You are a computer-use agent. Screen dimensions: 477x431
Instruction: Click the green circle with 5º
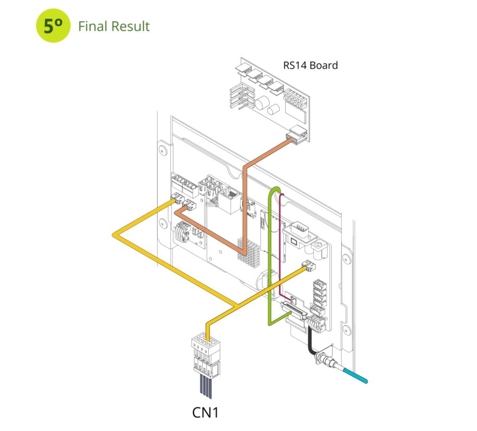(53, 26)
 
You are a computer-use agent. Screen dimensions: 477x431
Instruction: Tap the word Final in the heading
(93, 26)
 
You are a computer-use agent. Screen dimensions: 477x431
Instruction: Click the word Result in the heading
(131, 26)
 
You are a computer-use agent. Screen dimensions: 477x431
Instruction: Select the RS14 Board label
(310, 66)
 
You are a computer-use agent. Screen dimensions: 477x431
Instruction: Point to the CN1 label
(205, 413)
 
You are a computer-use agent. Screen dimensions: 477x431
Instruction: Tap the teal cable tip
(355, 375)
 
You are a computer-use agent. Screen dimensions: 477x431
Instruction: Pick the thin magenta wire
(280, 247)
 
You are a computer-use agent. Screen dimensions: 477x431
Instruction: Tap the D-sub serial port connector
(299, 235)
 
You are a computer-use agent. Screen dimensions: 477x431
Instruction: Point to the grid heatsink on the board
(249, 254)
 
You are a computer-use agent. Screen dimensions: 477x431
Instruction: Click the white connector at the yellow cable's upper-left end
(178, 198)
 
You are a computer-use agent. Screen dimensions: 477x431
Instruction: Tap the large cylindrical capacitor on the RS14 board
(262, 103)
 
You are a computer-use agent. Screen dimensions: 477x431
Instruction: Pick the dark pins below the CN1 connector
(206, 387)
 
